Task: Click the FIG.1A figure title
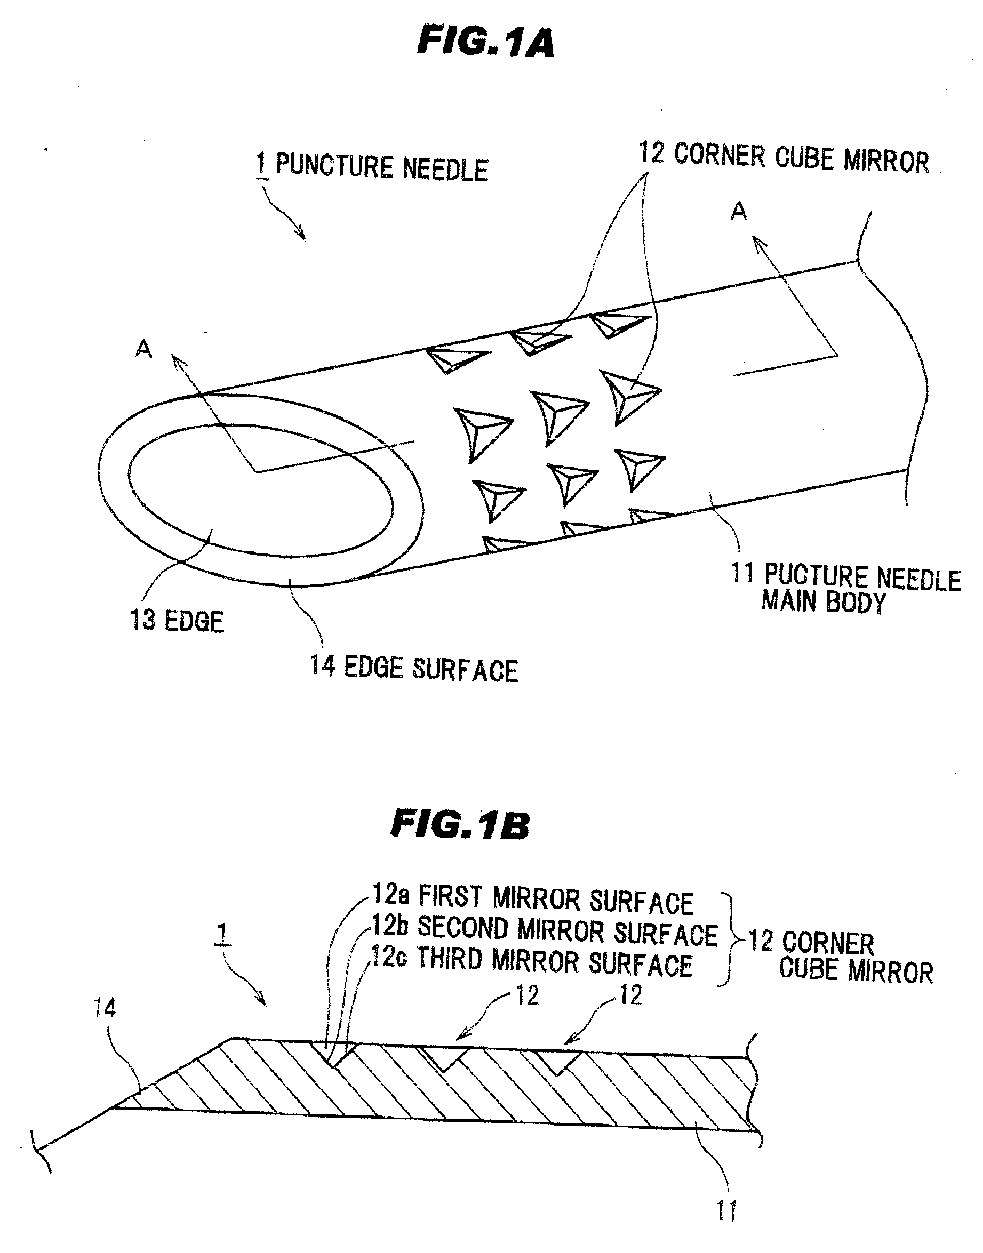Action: [485, 42]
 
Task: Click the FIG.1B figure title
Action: [460, 824]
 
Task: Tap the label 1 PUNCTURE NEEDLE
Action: [372, 167]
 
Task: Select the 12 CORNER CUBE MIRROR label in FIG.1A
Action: [784, 157]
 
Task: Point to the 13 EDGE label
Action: [177, 621]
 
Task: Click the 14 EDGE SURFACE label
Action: [414, 669]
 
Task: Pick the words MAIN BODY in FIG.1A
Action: [823, 602]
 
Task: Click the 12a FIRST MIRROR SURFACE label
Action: [533, 898]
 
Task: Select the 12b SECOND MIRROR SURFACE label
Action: [545, 930]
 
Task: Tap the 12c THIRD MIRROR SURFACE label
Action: [532, 961]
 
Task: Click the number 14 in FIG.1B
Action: [105, 1008]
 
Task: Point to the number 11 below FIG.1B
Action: [727, 1211]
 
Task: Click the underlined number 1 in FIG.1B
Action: [223, 935]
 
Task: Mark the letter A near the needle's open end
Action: [143, 349]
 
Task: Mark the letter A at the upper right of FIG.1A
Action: [738, 211]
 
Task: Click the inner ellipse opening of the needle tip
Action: [261, 491]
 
